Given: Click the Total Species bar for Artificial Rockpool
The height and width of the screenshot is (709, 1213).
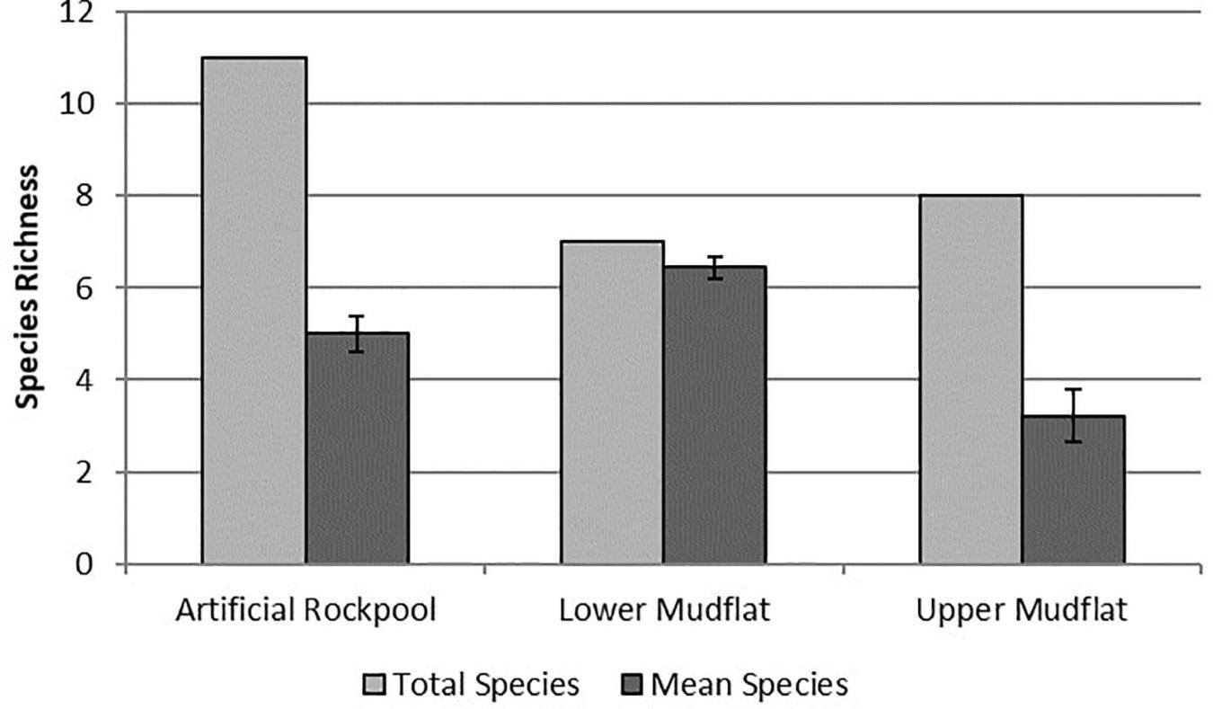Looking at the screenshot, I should pyautogui.click(x=254, y=310).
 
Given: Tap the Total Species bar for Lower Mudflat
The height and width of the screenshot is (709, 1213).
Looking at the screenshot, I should pyautogui.click(x=613, y=402).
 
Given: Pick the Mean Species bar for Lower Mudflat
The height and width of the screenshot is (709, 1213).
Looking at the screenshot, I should pyautogui.click(x=714, y=415).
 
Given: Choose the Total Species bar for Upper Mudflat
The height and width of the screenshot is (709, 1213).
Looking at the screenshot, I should pyautogui.click(x=970, y=379).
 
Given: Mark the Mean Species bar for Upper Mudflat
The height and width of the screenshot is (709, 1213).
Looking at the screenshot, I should pyautogui.click(x=1073, y=490).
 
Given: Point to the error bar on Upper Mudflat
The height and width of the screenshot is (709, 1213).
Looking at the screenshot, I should pyautogui.click(x=1073, y=415).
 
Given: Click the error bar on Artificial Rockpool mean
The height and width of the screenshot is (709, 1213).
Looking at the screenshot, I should pyautogui.click(x=357, y=333).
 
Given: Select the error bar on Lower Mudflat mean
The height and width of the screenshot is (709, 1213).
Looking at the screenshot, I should pyautogui.click(x=714, y=268).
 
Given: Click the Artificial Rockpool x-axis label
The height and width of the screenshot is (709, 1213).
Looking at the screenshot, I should pyautogui.click(x=305, y=610).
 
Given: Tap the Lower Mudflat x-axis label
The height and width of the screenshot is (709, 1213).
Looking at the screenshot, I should pyautogui.click(x=664, y=610).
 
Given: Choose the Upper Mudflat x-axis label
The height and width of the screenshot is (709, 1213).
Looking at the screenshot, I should pyautogui.click(x=1022, y=610).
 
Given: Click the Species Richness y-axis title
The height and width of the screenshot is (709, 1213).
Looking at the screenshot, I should pyautogui.click(x=29, y=286).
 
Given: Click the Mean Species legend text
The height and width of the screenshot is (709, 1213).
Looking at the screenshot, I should pyautogui.click(x=748, y=686).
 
